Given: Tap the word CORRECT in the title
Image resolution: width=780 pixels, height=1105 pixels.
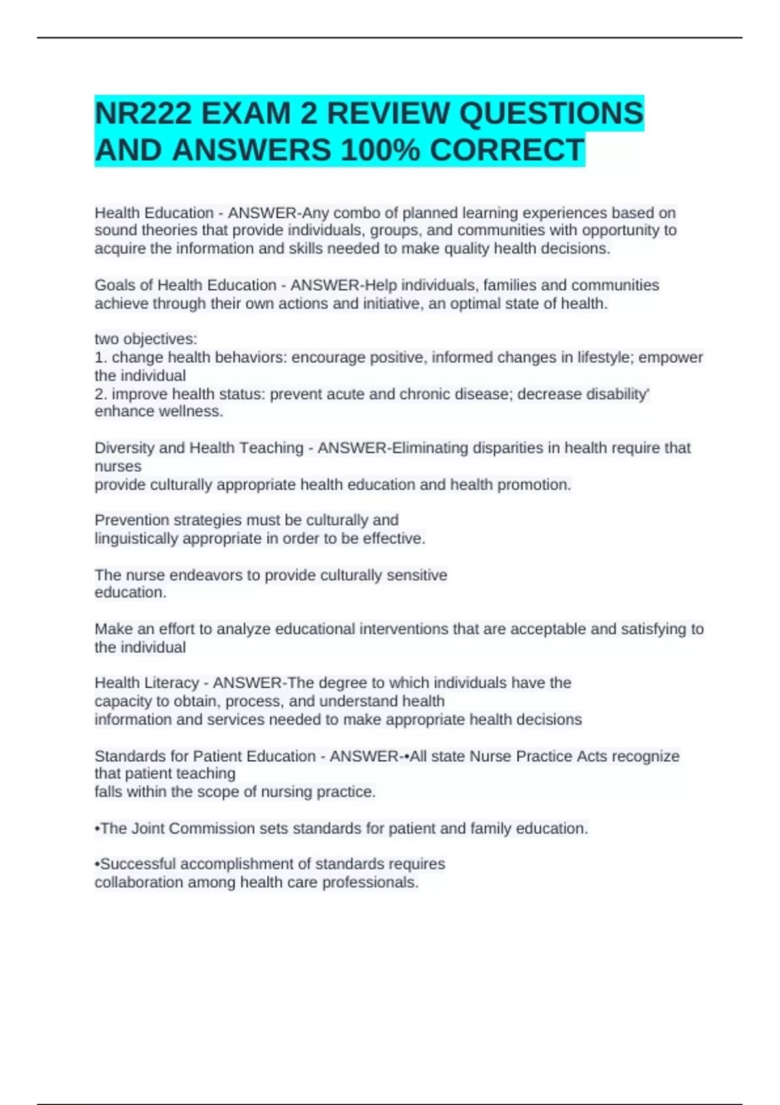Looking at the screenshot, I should tap(506, 151).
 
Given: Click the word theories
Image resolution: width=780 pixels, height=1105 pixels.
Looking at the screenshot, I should tap(170, 231).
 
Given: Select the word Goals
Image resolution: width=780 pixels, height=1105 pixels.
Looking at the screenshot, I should tap(115, 285).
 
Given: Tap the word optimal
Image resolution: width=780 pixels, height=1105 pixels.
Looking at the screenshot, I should tap(476, 304).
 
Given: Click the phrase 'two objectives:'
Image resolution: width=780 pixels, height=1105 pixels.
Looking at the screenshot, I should tap(146, 339).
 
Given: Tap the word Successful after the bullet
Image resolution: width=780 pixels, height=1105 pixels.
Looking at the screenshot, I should tap(138, 864).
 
